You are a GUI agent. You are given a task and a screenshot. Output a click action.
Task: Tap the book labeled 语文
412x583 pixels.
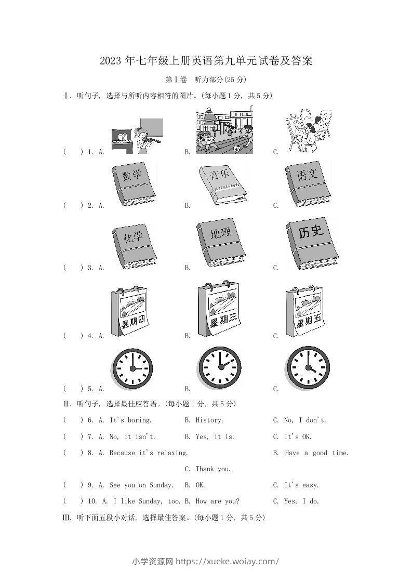[309, 184]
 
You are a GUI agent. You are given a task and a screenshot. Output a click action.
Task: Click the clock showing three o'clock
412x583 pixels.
[132, 368]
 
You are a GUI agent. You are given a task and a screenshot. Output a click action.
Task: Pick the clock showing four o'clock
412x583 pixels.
[309, 368]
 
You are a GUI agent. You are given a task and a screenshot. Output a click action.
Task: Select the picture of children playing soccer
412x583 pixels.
[224, 132]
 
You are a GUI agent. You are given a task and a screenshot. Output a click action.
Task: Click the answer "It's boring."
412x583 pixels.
[130, 420]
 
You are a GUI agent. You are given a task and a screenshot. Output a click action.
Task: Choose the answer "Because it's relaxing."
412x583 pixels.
[149, 453]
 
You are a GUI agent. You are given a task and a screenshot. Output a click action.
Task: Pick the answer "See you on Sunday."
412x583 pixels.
[141, 485]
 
